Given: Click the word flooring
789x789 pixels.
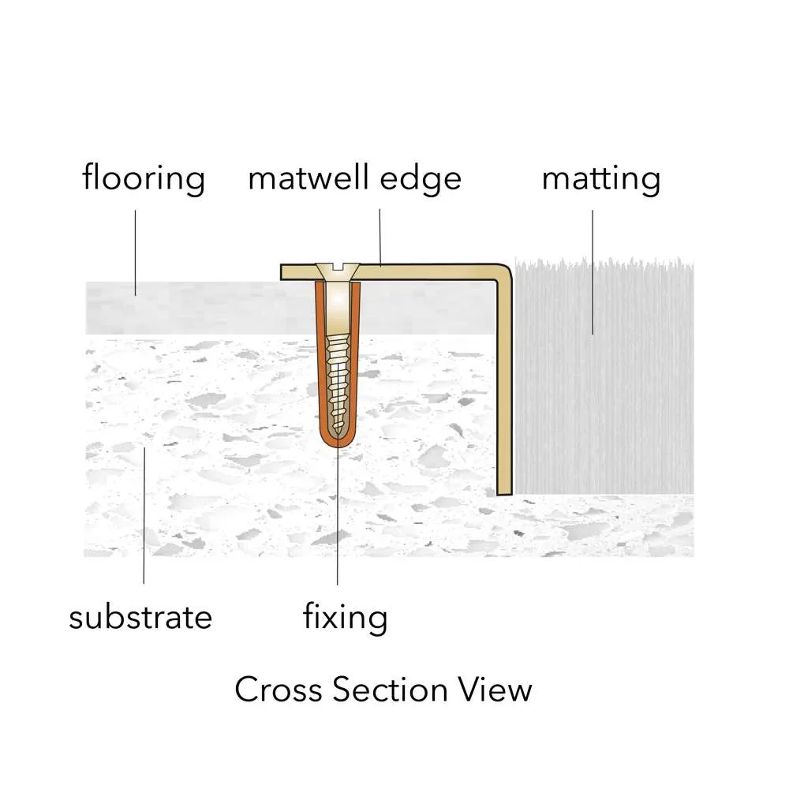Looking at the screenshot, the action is coord(144,178).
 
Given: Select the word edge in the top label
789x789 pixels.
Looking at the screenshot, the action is coord(421,180).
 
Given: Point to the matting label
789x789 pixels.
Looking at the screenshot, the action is coord(601,179).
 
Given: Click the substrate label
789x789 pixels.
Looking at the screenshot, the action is coord(140,618).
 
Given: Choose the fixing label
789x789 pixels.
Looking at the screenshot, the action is coord(346,618).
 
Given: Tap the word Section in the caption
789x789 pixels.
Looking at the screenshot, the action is coord(390,690).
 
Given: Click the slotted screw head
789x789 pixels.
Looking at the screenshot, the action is coord(338,272).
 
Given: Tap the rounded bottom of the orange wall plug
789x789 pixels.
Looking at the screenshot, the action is coord(338,441).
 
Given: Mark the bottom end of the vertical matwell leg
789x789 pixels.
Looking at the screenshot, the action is coord(505,494).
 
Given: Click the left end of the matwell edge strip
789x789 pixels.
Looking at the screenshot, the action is coord(282,272).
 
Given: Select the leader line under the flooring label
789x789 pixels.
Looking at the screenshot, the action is coord(136,252).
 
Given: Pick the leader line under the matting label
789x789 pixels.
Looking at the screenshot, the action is coord(593,272).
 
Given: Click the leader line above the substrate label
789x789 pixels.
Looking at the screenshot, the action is coord(144,516).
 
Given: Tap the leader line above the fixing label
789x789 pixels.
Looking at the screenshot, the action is coord(338,516).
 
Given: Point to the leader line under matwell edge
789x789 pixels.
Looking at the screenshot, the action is coord(380,237).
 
